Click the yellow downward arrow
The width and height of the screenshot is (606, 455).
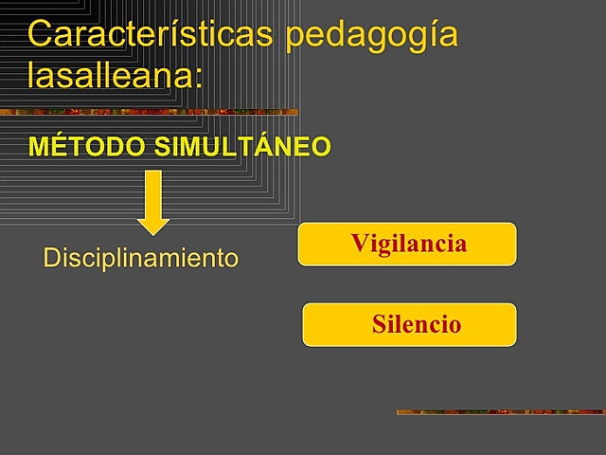tap(153, 202)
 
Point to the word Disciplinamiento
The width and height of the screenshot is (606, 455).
tap(141, 257)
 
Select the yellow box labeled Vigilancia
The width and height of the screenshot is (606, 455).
tap(407, 245)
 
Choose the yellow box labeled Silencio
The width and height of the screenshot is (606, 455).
tap(409, 325)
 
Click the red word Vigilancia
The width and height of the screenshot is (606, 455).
tap(408, 244)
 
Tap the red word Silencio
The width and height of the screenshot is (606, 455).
tap(417, 325)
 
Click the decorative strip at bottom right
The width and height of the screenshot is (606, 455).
tap(500, 411)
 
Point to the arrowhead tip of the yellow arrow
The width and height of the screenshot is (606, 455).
tap(153, 232)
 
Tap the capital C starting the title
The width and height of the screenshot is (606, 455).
tap(41, 34)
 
